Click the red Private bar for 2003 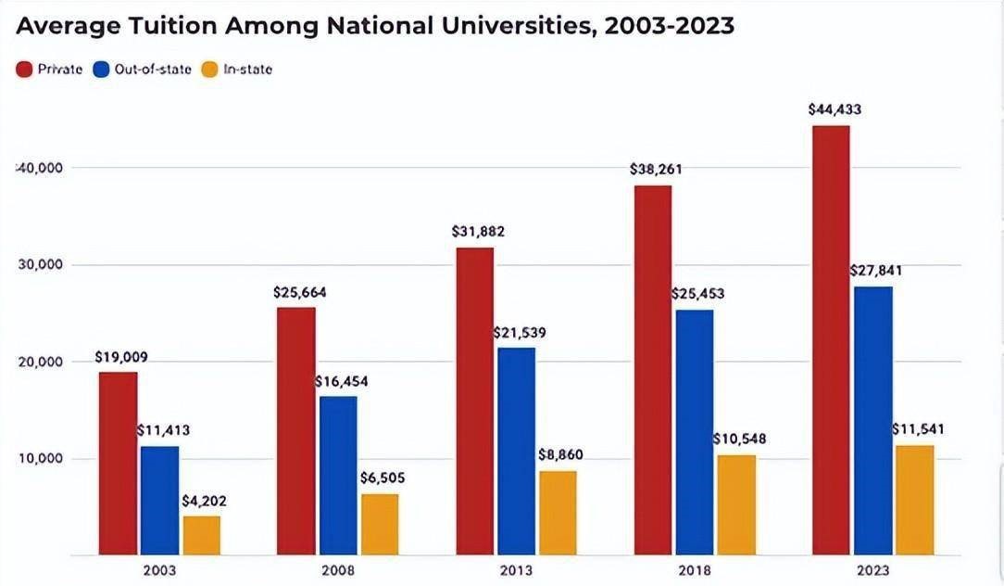click(119, 464)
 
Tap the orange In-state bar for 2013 click(558, 513)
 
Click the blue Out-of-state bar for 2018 click(695, 432)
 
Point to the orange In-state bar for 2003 click(202, 535)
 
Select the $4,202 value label click(203, 501)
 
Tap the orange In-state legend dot click(209, 69)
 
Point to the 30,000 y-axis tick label click(40, 265)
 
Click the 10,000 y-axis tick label click(40, 459)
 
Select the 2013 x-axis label click(516, 570)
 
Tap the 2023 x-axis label click(872, 570)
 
